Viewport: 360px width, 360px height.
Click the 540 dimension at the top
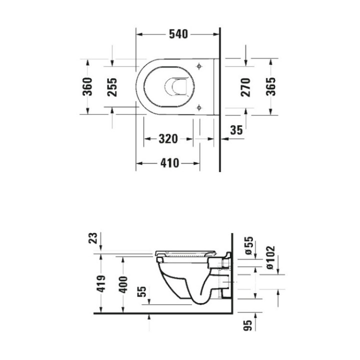click(178, 34)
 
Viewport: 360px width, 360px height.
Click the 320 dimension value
click(168, 139)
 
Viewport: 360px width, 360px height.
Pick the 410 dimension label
click(170, 163)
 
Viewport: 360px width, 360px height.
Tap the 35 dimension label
click(236, 130)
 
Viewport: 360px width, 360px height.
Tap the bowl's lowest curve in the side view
click(197, 301)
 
